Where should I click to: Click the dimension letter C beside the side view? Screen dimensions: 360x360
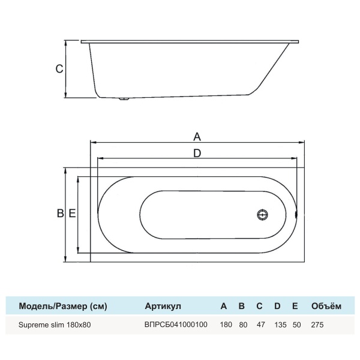pyautogui.click(x=59, y=69)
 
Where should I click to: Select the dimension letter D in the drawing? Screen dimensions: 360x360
pyautogui.click(x=197, y=153)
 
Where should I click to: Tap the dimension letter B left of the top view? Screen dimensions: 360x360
pyautogui.click(x=60, y=214)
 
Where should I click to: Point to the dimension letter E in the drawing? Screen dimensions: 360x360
pyautogui.click(x=72, y=214)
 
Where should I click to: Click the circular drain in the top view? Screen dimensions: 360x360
pyautogui.click(x=262, y=214)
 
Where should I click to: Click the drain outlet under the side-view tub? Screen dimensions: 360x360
pyautogui.click(x=124, y=100)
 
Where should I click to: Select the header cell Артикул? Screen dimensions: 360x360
pyautogui.click(x=163, y=306)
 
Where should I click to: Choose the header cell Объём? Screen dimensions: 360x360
pyautogui.click(x=326, y=306)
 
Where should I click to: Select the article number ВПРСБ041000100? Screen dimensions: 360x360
pyautogui.click(x=176, y=325)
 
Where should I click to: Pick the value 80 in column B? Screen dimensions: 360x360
pyautogui.click(x=242, y=325)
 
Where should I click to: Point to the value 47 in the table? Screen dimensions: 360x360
pyautogui.click(x=259, y=325)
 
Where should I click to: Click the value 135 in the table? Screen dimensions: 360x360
pyautogui.click(x=277, y=325)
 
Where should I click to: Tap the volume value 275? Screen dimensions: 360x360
pyautogui.click(x=318, y=325)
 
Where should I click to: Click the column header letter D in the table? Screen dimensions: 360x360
pyautogui.click(x=277, y=306)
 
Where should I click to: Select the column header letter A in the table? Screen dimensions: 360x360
pyautogui.click(x=224, y=306)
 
